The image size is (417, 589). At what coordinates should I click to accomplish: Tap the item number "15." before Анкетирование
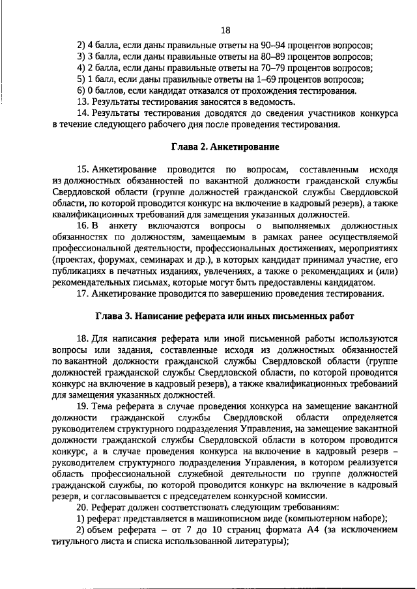[x=83, y=170]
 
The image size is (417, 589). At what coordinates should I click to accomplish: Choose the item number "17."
[x=83, y=293]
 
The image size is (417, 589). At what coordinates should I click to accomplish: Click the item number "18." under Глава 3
[x=83, y=340]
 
